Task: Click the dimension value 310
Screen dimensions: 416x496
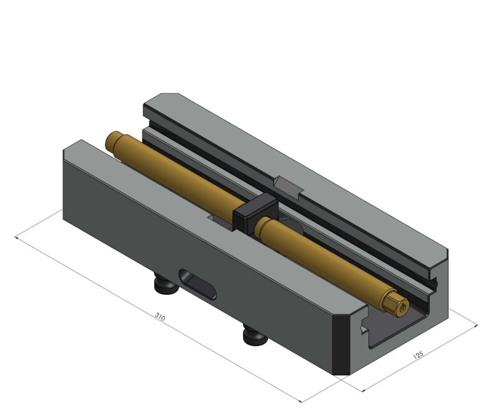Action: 160,317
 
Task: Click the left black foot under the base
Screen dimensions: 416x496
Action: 164,287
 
